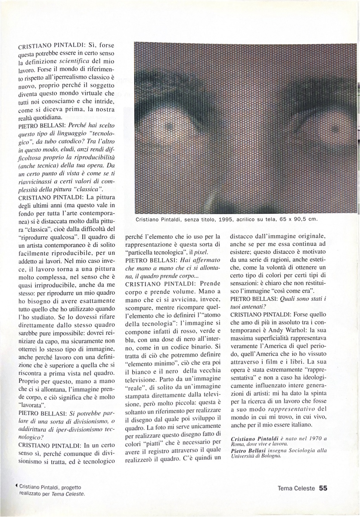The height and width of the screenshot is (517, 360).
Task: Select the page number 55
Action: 323,488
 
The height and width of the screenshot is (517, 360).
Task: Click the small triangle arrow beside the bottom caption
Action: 16,486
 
